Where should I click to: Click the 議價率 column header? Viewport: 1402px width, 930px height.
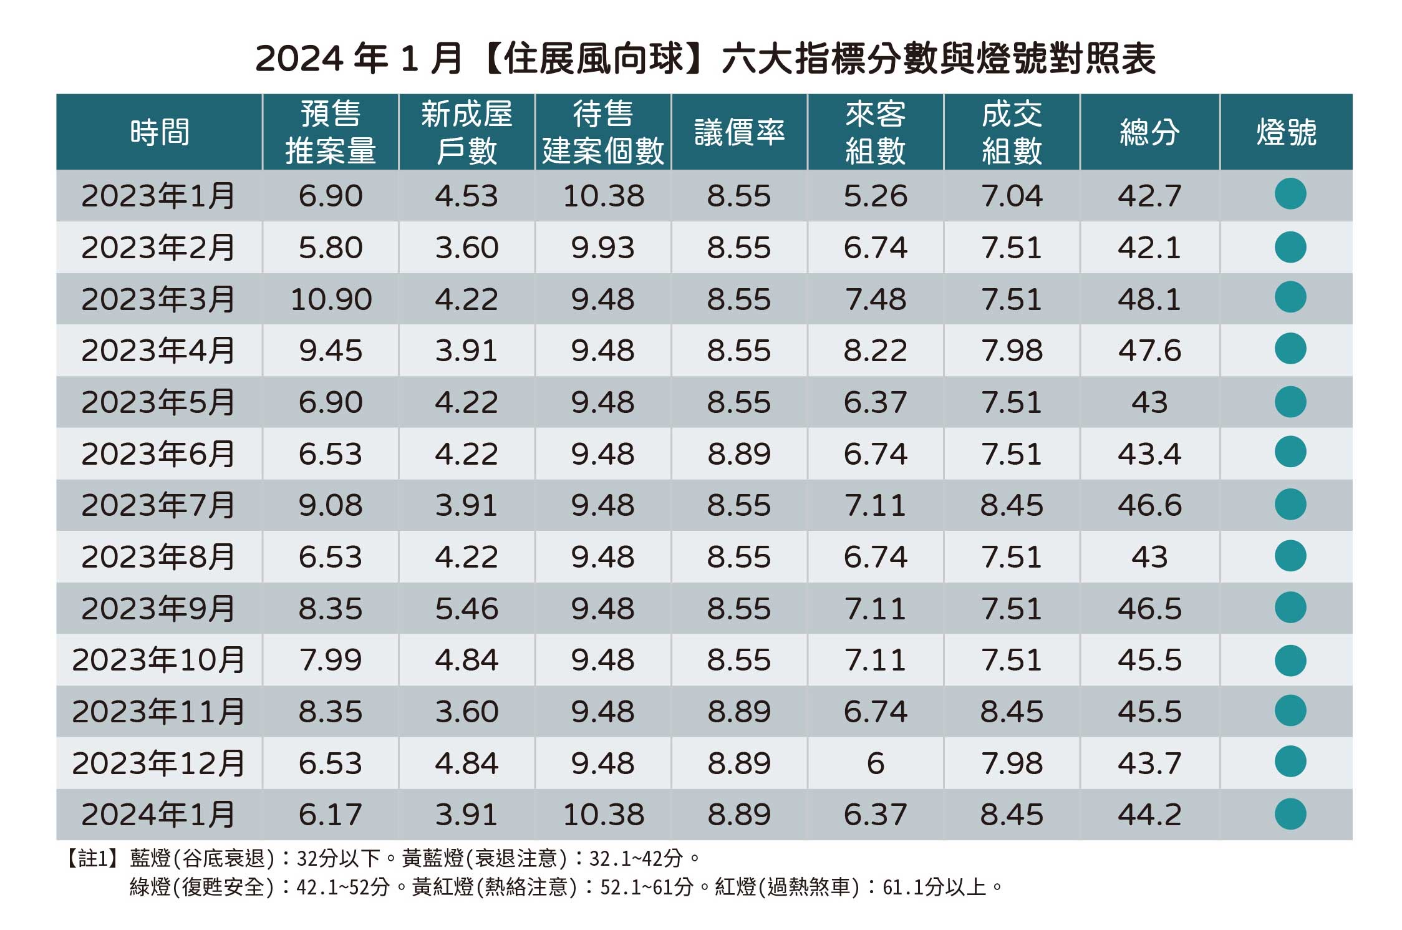tap(739, 132)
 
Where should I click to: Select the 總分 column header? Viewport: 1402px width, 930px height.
tap(1149, 132)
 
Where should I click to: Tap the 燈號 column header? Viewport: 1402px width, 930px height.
tap(1286, 132)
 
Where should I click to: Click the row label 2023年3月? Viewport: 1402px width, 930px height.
tap(158, 299)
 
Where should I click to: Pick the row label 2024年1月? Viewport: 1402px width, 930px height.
tap(158, 815)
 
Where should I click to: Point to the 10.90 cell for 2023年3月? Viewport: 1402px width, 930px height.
tap(331, 299)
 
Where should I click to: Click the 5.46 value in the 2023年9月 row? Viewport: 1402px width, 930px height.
tap(467, 608)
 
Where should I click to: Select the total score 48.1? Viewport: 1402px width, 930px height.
tap(1149, 299)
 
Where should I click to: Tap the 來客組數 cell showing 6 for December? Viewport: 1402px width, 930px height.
tap(875, 763)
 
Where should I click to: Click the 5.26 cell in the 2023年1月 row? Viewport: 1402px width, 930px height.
tap(875, 196)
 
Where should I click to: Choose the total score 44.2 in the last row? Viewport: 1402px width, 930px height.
tap(1149, 815)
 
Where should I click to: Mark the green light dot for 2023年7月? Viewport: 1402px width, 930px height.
tap(1290, 504)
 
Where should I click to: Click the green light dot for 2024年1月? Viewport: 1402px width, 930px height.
tap(1290, 813)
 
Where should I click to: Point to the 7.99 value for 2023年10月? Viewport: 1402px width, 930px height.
tap(331, 660)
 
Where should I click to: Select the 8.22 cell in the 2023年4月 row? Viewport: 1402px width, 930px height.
tap(875, 351)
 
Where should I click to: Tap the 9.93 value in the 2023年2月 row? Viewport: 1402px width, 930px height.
tap(602, 248)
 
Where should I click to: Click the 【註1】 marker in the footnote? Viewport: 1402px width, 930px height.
tap(92, 859)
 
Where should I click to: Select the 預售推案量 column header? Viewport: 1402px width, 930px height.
tap(331, 132)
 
